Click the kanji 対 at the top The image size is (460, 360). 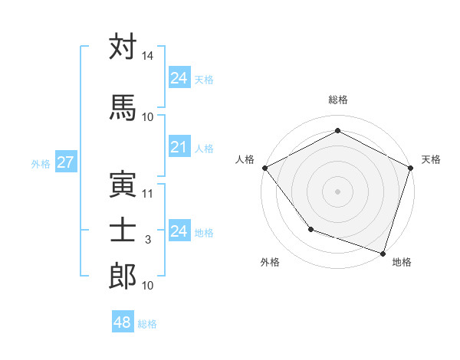pos(123,47)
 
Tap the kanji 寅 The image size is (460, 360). pos(123,184)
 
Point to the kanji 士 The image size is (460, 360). pos(123,230)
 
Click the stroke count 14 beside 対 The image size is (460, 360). pos(148,56)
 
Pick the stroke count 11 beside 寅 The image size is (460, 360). pos(148,193)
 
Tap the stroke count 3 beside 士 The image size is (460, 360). pos(149,240)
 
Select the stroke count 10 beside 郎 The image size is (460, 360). pos(148,286)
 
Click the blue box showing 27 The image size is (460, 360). pos(65,162)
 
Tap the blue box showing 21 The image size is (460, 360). pos(179,148)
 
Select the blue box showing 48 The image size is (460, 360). pos(122,323)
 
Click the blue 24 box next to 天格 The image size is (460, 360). pos(179,77)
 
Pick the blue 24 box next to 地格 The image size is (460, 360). pos(179,231)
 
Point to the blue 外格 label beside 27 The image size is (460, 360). pos(41,163)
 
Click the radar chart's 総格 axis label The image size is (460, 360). pos(338,100)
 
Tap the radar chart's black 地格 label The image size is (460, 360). pos(402,262)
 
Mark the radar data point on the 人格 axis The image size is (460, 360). pos(264,167)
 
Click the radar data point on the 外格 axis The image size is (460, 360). pos(310,228)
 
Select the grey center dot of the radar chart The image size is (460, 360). pos(337,191)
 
